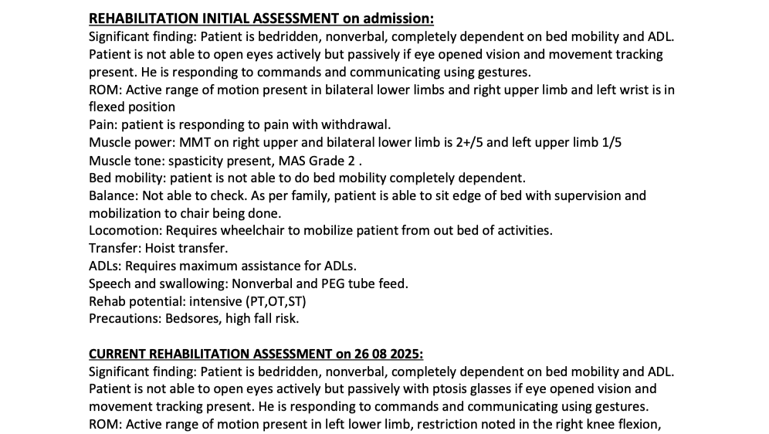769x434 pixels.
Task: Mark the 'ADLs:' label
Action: [x=105, y=266]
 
